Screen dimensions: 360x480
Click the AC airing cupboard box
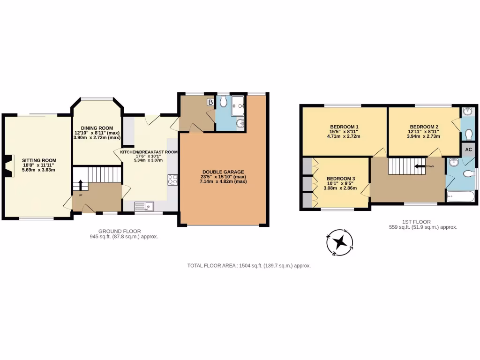click(x=469, y=150)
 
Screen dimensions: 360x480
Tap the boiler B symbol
click(x=210, y=102)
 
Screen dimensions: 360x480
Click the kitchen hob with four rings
click(x=172, y=179)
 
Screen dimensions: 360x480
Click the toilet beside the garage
click(x=224, y=102)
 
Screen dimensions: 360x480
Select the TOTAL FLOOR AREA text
click(x=249, y=265)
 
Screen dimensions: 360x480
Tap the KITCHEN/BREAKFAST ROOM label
click(x=149, y=152)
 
